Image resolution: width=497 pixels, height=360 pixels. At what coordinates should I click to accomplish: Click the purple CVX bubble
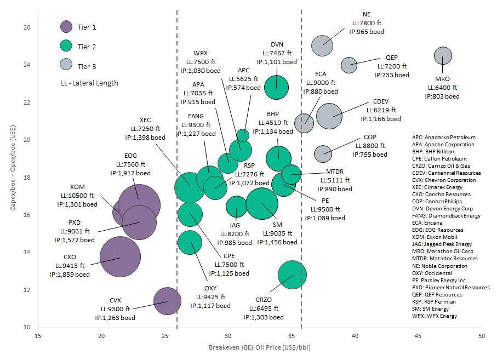[x=167, y=300]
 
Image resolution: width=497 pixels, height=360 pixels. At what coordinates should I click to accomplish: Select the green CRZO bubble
[x=292, y=275]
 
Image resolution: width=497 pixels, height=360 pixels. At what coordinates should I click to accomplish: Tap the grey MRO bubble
[x=443, y=55]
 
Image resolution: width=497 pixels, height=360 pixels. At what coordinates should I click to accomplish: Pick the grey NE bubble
[x=323, y=45]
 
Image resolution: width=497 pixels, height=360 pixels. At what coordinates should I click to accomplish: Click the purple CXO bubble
[x=120, y=257]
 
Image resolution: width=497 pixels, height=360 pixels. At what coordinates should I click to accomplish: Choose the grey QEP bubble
[x=349, y=65]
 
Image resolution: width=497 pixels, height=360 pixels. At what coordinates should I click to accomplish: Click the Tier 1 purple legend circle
[x=66, y=26]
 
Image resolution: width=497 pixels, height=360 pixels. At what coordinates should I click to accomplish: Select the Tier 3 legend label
[x=87, y=66]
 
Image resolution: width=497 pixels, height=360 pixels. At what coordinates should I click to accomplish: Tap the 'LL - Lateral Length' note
[x=90, y=83]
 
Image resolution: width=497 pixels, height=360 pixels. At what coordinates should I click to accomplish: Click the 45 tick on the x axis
[x=418, y=335]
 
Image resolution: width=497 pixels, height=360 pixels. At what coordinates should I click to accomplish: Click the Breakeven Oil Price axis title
[x=260, y=348]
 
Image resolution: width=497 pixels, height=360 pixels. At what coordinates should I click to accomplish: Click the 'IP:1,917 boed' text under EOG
[x=130, y=173]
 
